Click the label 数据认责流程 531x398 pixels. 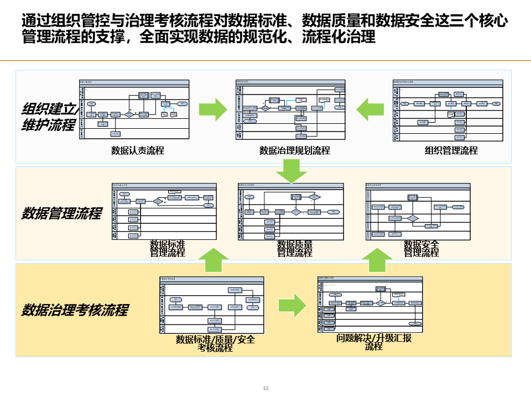point(138,150)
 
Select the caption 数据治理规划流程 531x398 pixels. point(295,150)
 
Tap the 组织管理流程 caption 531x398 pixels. point(451,150)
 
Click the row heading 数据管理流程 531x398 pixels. point(61,213)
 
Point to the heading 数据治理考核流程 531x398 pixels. point(75,310)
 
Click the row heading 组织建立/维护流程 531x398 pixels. point(50,117)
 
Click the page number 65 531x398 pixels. point(265,389)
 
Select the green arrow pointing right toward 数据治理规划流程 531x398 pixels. point(213,109)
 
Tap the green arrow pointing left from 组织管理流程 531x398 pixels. point(370,109)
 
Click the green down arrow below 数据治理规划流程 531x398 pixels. point(291,171)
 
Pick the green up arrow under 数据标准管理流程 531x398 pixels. point(213,260)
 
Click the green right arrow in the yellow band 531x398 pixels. point(292,305)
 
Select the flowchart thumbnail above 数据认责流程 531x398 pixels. point(134,110)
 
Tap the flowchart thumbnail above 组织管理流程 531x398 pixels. point(448,110)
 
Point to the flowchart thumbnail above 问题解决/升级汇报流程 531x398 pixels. point(371,304)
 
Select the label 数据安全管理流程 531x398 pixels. point(421,249)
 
